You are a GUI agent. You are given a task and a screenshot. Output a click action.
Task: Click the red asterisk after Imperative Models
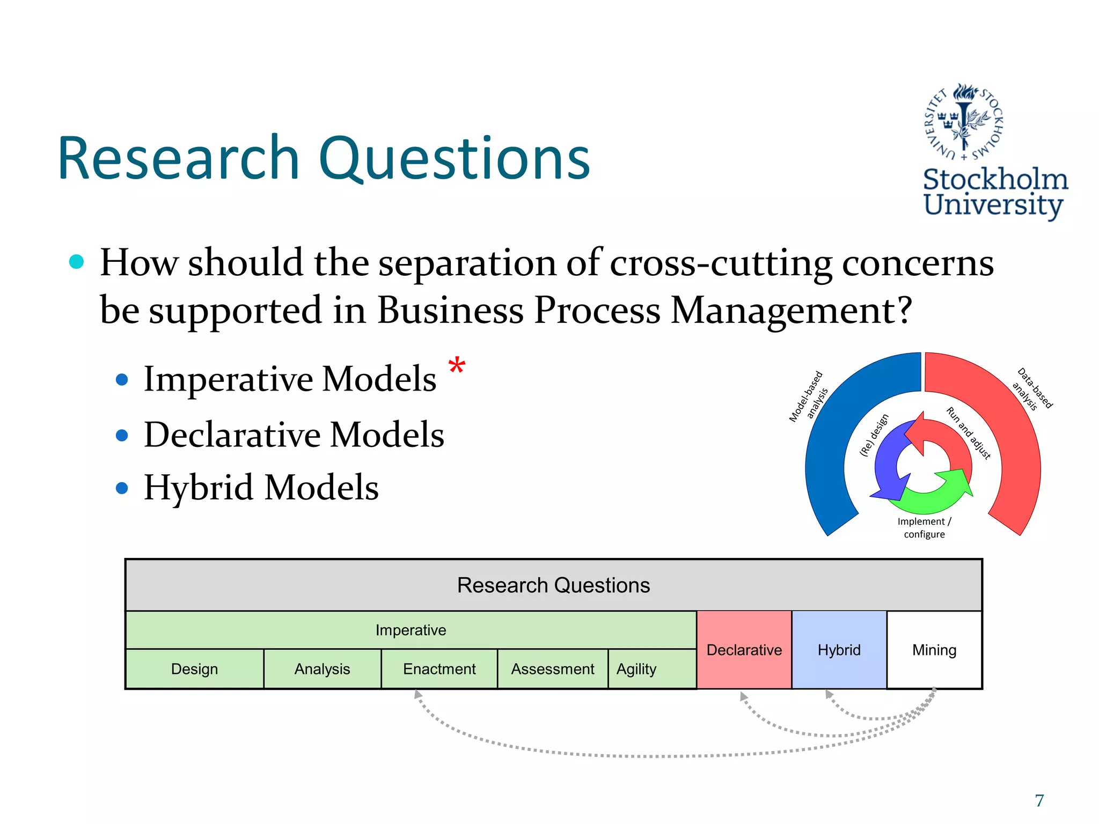tap(457, 367)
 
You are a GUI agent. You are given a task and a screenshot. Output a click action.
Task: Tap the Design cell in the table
tap(194, 669)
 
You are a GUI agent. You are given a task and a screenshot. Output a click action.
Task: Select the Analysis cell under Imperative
tap(322, 669)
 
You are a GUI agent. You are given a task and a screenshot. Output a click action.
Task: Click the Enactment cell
tap(439, 669)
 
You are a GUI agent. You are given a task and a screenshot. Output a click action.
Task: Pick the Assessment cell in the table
tap(552, 669)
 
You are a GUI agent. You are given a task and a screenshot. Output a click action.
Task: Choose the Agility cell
tap(636, 669)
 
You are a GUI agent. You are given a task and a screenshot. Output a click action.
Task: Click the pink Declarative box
tap(744, 650)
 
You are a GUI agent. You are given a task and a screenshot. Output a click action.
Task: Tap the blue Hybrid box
tap(839, 650)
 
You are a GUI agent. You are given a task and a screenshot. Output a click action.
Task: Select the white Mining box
tap(934, 650)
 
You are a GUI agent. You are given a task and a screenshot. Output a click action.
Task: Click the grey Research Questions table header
tap(553, 585)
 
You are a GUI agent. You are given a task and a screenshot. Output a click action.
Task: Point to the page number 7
tap(1039, 800)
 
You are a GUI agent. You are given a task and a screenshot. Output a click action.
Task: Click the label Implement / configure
tap(924, 528)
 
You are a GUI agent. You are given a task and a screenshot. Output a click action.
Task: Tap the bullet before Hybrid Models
tap(122, 488)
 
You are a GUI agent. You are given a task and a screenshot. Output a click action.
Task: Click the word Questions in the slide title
tap(455, 158)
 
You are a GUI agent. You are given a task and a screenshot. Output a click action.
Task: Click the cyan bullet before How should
tap(77, 262)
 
